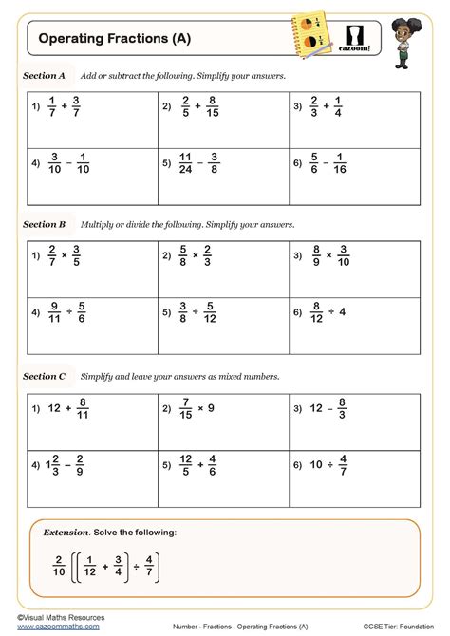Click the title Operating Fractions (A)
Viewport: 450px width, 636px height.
tap(106, 39)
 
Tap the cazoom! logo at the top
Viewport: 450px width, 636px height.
tap(358, 37)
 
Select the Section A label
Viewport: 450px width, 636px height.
tap(45, 74)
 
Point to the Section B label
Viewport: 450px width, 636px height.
tap(45, 225)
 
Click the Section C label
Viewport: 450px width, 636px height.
tap(45, 376)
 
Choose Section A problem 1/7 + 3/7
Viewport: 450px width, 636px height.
tap(67, 108)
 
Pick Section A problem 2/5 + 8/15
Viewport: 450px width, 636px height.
tap(200, 108)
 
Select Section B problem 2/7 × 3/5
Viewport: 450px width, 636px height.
tap(66, 257)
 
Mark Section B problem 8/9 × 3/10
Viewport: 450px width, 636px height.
tap(333, 257)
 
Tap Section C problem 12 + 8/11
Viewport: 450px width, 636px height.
tap(67, 409)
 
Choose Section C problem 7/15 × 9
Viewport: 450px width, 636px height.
tap(199, 409)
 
